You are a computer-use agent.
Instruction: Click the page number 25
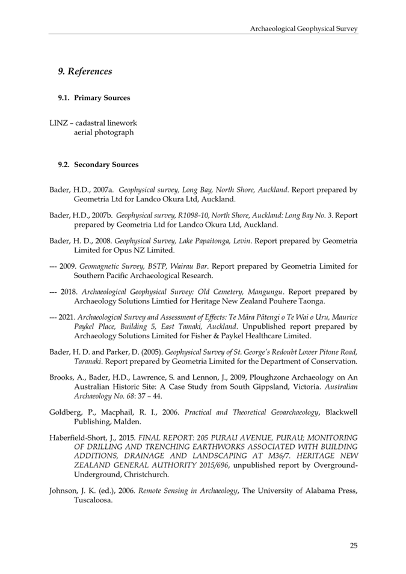353,546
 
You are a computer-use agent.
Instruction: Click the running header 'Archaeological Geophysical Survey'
304,28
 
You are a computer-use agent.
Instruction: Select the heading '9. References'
85,72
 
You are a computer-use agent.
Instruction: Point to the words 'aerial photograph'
103,132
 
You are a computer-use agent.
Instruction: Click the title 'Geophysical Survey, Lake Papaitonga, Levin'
189,240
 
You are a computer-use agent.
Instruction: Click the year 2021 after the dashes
67,317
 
